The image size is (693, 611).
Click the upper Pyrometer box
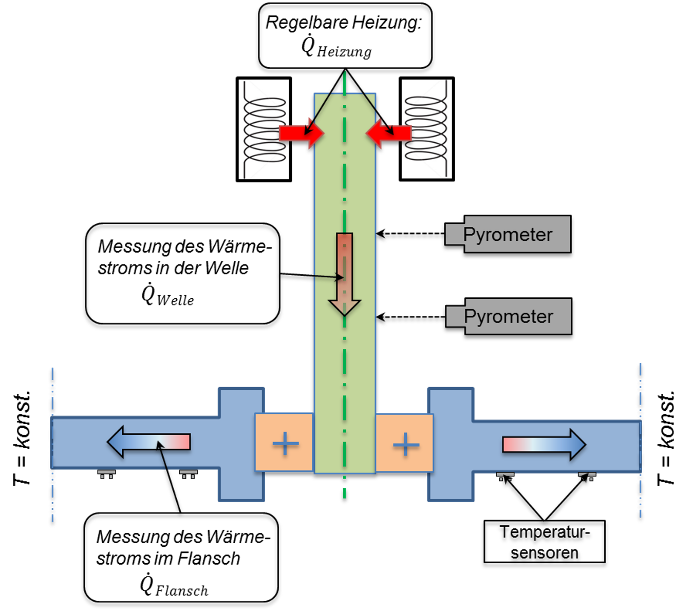508,234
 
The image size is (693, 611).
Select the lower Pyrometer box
509,316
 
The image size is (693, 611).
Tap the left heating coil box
264,129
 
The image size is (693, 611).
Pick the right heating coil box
427,129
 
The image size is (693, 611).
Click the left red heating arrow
302,133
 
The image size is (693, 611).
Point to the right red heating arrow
388,133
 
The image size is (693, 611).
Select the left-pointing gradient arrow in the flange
149,442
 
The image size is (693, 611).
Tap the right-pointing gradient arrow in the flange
544,445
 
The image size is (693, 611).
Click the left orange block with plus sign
284,443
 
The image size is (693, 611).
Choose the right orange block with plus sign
405,443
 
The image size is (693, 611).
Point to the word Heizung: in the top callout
387,23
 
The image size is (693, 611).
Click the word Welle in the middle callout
227,268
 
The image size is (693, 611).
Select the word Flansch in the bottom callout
209,559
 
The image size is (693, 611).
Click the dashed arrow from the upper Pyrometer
410,234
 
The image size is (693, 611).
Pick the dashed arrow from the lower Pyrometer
410,317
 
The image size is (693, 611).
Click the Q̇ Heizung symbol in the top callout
336,47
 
